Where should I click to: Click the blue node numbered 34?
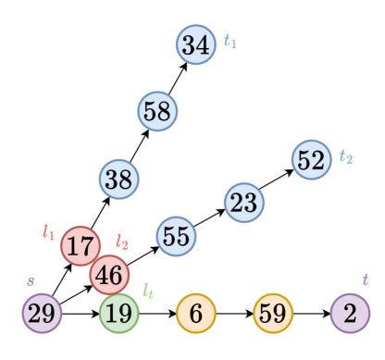click(195, 44)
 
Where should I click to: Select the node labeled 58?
click(157, 112)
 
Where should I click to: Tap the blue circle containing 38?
click(118, 180)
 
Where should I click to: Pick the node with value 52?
click(311, 160)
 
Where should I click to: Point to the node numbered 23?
click(243, 202)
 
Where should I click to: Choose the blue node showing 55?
click(176, 236)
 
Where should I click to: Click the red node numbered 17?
click(81, 246)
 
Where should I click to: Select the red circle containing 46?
click(109, 275)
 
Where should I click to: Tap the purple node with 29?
click(42, 314)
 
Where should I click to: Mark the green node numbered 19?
click(118, 314)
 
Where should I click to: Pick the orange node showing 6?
click(195, 314)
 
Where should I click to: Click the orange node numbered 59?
click(272, 314)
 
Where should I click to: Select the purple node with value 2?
click(350, 314)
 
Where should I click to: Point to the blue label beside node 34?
click(230, 42)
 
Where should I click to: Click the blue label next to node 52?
click(346, 157)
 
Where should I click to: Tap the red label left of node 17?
click(49, 231)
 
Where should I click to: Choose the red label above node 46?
click(122, 242)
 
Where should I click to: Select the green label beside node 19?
click(148, 290)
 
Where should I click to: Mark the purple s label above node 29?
click(31, 279)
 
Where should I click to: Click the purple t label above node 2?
click(365, 279)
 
